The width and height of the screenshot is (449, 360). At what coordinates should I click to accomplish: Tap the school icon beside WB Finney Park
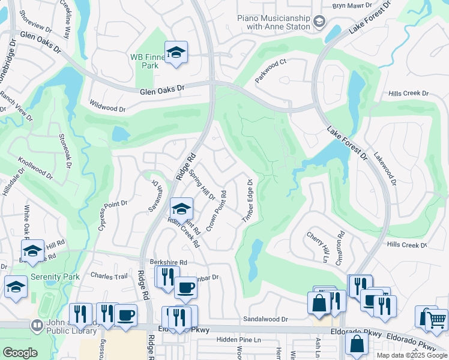176,53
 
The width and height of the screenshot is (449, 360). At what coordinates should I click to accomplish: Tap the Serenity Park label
55,277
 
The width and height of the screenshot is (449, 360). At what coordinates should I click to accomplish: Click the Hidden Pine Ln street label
238,340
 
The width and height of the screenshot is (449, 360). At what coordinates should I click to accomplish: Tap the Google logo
20,353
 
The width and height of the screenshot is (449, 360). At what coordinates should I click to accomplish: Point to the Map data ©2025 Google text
411,355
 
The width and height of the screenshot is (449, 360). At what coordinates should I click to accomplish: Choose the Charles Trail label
109,276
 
